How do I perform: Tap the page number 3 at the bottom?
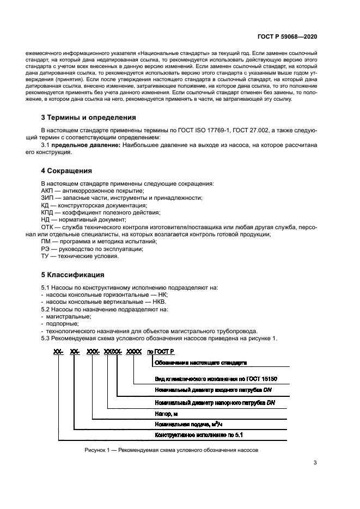pos(315,463)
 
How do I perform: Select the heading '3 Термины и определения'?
pos(89,117)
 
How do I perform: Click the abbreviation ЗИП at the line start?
pos(48,198)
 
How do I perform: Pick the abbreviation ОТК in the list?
pos(48,226)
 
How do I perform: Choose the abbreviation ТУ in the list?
pos(46,256)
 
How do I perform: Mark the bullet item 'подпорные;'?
pos(63,323)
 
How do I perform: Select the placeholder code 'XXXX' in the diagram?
pos(134,352)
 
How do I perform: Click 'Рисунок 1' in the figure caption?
pos(99,450)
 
